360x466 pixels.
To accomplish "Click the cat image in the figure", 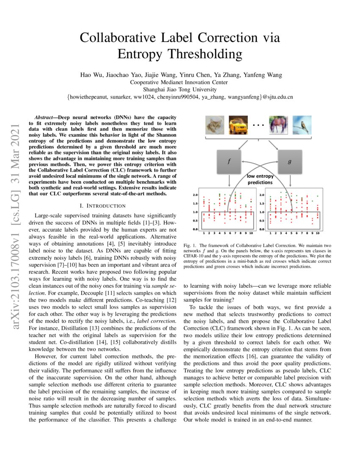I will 214,125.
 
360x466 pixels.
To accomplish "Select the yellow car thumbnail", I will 238,125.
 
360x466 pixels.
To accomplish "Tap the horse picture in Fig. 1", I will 278,125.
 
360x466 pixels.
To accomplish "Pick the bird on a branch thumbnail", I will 302,125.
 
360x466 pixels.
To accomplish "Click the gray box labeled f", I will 229,161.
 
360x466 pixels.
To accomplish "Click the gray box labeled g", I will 289,161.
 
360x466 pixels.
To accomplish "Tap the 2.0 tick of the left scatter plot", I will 196,195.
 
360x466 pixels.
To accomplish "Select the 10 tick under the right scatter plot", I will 317,233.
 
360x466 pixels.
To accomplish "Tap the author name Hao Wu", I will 91,75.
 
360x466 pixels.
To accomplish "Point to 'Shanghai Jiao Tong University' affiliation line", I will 180,89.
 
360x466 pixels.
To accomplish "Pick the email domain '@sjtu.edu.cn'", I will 277,97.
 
